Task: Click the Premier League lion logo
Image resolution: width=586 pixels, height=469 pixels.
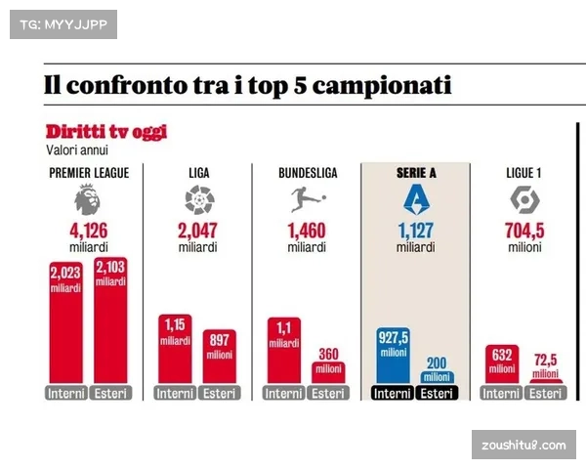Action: pyautogui.click(x=87, y=201)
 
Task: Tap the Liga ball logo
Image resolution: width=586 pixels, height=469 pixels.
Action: pyautogui.click(x=198, y=201)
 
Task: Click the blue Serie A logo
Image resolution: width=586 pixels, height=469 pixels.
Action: pyautogui.click(x=415, y=200)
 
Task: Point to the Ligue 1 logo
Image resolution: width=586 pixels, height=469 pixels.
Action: pyautogui.click(x=524, y=201)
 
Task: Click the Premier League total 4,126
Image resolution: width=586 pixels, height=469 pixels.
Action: pyautogui.click(x=88, y=232)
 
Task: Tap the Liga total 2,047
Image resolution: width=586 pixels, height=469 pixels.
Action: pyautogui.click(x=197, y=232)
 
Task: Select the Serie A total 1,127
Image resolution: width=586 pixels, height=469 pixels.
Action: pyautogui.click(x=415, y=232)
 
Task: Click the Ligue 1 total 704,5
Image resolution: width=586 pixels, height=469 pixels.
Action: pyautogui.click(x=524, y=232)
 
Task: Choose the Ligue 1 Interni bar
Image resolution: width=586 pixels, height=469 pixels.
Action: pyautogui.click(x=502, y=364)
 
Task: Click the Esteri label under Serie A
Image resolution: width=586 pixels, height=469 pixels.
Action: pyautogui.click(x=437, y=393)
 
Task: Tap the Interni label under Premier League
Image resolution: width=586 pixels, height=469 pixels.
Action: pyautogui.click(x=65, y=393)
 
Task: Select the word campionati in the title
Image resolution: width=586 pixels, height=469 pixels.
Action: pyautogui.click(x=377, y=85)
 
